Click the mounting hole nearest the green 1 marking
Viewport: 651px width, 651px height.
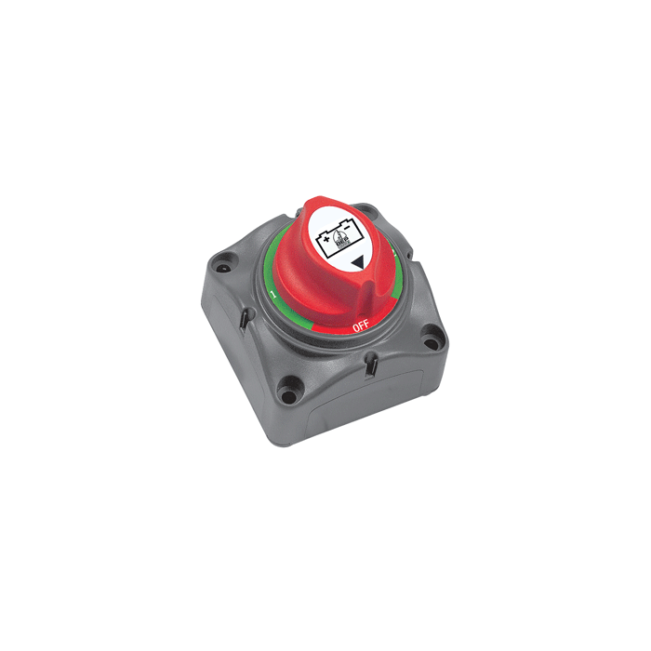click(223, 269)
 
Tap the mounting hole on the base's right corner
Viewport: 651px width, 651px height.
click(431, 343)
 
